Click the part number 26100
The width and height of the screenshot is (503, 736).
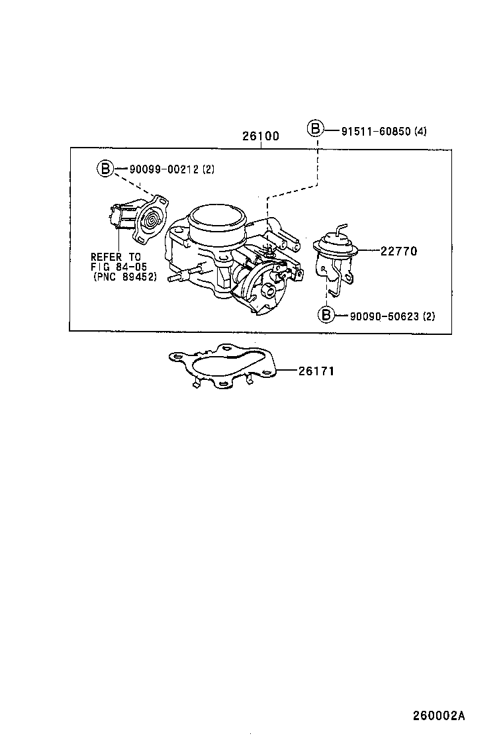tap(260, 136)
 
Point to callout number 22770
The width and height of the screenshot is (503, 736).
tap(398, 251)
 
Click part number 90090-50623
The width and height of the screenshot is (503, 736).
tap(385, 316)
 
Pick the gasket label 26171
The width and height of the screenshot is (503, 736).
tap(316, 371)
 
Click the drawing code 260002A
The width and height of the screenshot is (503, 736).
tap(439, 715)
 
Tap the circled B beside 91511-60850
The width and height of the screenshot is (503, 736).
tap(315, 129)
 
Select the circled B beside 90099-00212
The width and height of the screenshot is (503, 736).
tap(105, 167)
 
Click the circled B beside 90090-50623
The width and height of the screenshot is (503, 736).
tap(326, 314)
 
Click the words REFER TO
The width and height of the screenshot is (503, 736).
tap(115, 257)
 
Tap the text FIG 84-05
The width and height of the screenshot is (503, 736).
tap(118, 267)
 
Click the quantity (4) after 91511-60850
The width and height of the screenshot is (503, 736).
tap(420, 131)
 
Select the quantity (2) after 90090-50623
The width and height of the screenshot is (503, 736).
tap(428, 316)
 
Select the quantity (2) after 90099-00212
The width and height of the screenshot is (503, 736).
tap(208, 169)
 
